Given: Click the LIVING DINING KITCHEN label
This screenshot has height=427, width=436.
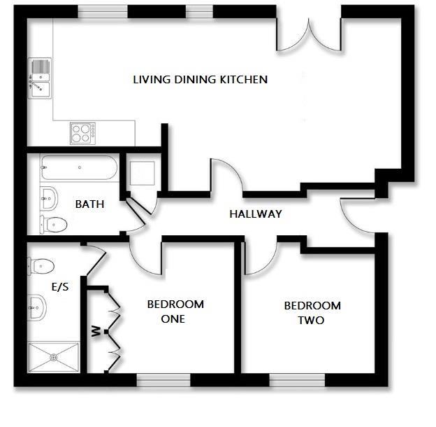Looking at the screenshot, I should coord(200,80).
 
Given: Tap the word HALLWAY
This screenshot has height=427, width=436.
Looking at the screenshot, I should coord(255,214).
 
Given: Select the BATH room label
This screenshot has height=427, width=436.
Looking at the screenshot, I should coord(89,204).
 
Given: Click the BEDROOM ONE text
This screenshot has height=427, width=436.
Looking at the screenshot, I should coord(175,311).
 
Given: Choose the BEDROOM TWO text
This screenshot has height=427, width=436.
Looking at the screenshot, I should coord(312,313).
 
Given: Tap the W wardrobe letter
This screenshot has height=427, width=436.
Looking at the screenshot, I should coord(95,330).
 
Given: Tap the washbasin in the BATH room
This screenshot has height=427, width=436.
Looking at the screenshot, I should coord(48,197).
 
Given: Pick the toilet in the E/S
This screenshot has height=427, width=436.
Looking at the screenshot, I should coord(41,265).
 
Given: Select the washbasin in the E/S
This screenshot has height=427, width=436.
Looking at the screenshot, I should coord(38,305).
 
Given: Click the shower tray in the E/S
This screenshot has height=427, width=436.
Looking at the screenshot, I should coord(54,357).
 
